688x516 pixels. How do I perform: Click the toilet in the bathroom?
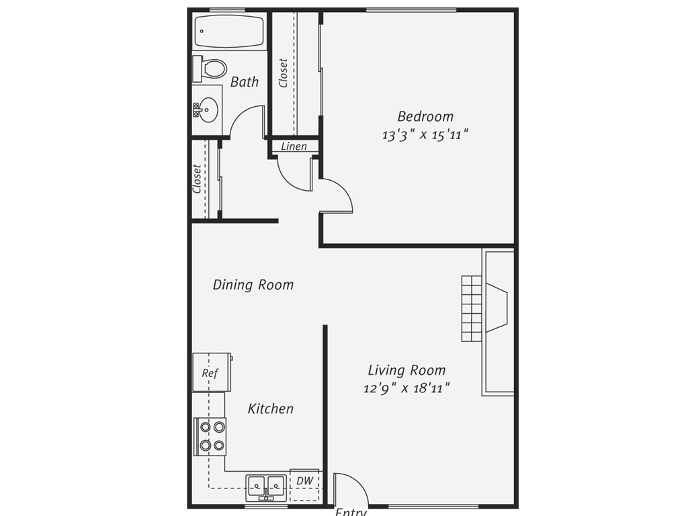point(210,69)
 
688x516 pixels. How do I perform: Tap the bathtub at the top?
point(228,32)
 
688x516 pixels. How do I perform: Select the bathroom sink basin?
point(208,110)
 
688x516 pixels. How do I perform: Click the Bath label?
point(245,81)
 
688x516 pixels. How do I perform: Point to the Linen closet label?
point(294,146)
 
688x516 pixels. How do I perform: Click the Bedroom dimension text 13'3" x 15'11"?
point(425,134)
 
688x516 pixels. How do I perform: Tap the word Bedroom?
point(425,116)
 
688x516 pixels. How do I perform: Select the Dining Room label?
point(253,285)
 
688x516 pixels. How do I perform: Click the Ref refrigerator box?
point(212,372)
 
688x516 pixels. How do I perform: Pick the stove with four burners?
point(210,437)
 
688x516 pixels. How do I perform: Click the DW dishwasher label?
point(304,480)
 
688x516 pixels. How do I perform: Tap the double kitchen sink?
point(266,488)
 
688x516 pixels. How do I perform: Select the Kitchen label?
point(271,408)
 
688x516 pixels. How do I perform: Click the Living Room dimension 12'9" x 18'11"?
point(406,388)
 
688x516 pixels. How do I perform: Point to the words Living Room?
point(406,370)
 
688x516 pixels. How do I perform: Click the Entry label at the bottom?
point(351,511)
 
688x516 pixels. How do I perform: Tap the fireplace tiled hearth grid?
point(472,308)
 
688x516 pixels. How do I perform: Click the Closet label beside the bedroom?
point(283,73)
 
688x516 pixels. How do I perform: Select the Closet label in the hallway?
point(197,179)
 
